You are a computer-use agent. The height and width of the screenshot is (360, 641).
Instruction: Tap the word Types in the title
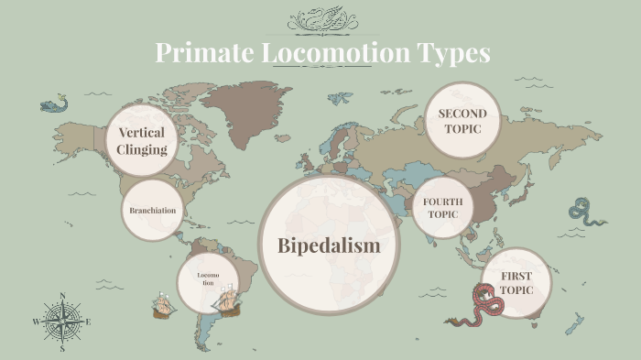tap(452, 53)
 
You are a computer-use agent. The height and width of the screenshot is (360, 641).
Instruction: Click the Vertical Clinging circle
tap(142, 140)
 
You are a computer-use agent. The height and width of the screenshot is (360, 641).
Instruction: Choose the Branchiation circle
tap(152, 211)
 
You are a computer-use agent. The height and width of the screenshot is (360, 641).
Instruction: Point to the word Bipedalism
tap(328, 245)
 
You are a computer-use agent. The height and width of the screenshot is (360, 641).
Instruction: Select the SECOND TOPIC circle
tap(462, 121)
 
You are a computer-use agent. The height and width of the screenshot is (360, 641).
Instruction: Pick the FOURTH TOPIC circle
tap(443, 208)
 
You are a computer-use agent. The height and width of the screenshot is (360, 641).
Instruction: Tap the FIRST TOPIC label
tap(516, 282)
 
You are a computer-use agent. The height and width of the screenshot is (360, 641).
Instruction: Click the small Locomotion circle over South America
tap(205, 278)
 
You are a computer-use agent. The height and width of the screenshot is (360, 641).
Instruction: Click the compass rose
tap(62, 322)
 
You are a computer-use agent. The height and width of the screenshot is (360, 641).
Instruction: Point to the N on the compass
tap(62, 296)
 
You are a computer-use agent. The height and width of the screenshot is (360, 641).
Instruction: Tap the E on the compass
tap(89, 322)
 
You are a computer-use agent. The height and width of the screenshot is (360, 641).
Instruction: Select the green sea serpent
tap(586, 213)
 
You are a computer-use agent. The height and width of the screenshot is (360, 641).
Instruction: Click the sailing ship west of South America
tap(163, 305)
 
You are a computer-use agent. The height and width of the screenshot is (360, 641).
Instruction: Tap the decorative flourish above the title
tap(320, 19)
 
